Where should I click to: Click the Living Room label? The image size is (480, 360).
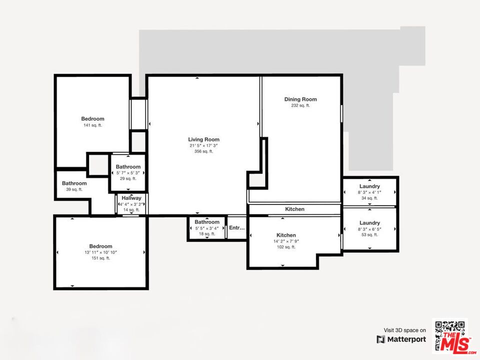pyautogui.click(x=203, y=139)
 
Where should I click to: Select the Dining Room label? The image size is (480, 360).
pyautogui.click(x=300, y=99)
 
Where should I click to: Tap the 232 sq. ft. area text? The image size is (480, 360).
pyautogui.click(x=300, y=105)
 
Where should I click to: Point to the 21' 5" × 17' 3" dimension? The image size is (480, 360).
pyautogui.click(x=203, y=145)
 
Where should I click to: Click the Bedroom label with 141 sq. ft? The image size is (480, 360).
pyautogui.click(x=92, y=119)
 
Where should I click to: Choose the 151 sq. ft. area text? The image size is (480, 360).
pyautogui.click(x=100, y=258)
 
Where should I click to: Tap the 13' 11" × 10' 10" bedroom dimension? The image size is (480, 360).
pyautogui.click(x=100, y=252)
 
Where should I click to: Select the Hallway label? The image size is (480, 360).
pyautogui.click(x=131, y=198)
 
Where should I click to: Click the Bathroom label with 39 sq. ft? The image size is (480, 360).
pyautogui.click(x=74, y=183)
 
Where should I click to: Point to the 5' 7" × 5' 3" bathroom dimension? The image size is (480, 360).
pyautogui.click(x=128, y=172)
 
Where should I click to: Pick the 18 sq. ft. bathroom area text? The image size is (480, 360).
pyautogui.click(x=207, y=233)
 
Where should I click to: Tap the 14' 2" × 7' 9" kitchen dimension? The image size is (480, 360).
pyautogui.click(x=286, y=241)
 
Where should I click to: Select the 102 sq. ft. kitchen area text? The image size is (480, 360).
pyautogui.click(x=286, y=247)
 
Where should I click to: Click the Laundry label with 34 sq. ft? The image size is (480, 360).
pyautogui.click(x=369, y=186)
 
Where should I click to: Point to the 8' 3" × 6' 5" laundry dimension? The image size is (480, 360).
pyautogui.click(x=369, y=228)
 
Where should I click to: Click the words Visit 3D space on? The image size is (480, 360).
pyautogui.click(x=405, y=330)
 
